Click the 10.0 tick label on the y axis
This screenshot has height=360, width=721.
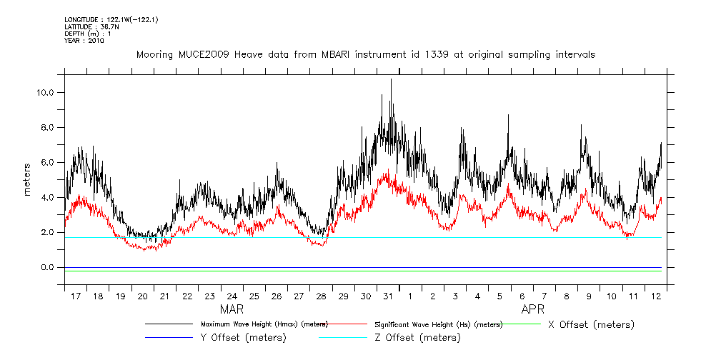click(47, 93)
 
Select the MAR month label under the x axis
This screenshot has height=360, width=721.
click(232, 309)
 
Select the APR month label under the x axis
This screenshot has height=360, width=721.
click(533, 309)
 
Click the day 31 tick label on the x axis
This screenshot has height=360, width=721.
click(387, 296)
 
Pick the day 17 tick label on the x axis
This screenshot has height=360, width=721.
click(76, 296)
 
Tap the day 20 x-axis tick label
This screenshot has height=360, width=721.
click(143, 296)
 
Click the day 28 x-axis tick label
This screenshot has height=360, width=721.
click(321, 296)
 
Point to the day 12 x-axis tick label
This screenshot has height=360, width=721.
click(655, 296)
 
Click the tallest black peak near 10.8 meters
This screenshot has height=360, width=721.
click(391, 80)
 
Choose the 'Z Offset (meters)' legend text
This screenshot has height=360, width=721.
click(417, 337)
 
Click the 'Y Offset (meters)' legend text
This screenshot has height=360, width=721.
click(244, 337)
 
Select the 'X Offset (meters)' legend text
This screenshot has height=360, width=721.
click(591, 324)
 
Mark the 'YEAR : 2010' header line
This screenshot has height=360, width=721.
click(84, 41)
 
